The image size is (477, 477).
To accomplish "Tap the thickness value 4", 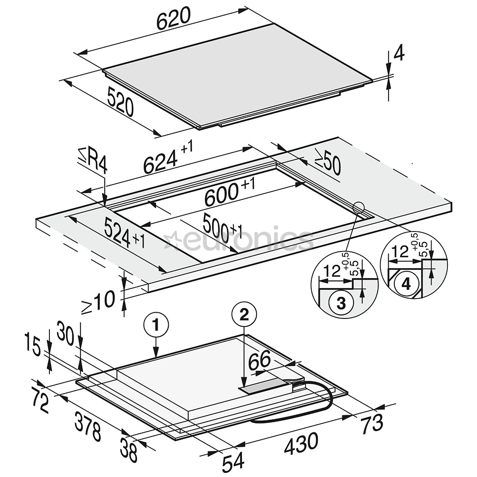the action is coord(399,54).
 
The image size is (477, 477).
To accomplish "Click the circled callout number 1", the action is coord(156,325).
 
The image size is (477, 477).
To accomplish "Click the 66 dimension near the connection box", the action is coord(260,359).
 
